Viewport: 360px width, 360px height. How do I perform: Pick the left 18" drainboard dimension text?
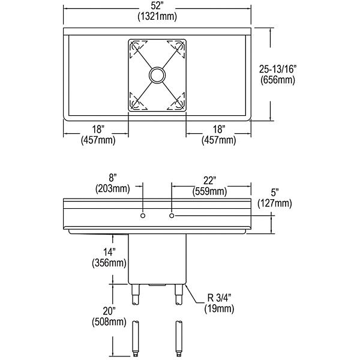pos(97,129)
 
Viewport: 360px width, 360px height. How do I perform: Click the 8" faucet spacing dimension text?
pos(112,178)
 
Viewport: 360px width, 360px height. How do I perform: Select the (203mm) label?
pos(112,189)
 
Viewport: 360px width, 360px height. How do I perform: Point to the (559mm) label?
pos(209,191)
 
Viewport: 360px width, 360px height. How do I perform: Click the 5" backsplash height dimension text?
pos(275,193)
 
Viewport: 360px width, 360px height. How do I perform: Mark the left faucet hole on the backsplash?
pos(143,215)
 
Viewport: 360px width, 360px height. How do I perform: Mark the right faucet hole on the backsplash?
pos(172,215)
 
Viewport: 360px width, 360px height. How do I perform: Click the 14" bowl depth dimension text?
pos(108,251)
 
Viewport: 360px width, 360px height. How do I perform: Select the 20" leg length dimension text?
pos(108,311)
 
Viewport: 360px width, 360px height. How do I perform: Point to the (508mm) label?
pos(109,322)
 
